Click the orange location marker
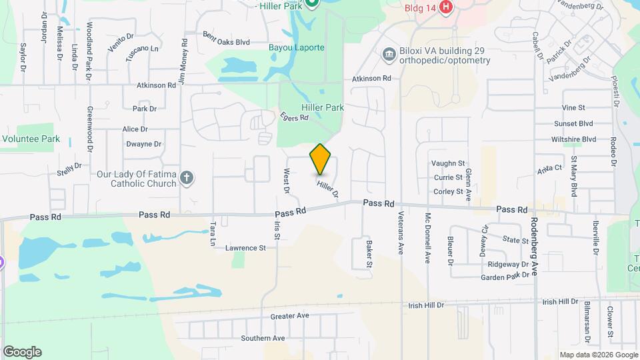(320, 159)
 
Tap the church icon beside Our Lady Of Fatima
(187, 178)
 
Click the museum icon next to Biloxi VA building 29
(388, 54)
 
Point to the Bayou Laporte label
(296, 48)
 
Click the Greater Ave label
(290, 315)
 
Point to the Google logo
(21, 351)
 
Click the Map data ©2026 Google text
(597, 355)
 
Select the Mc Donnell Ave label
(428, 237)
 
